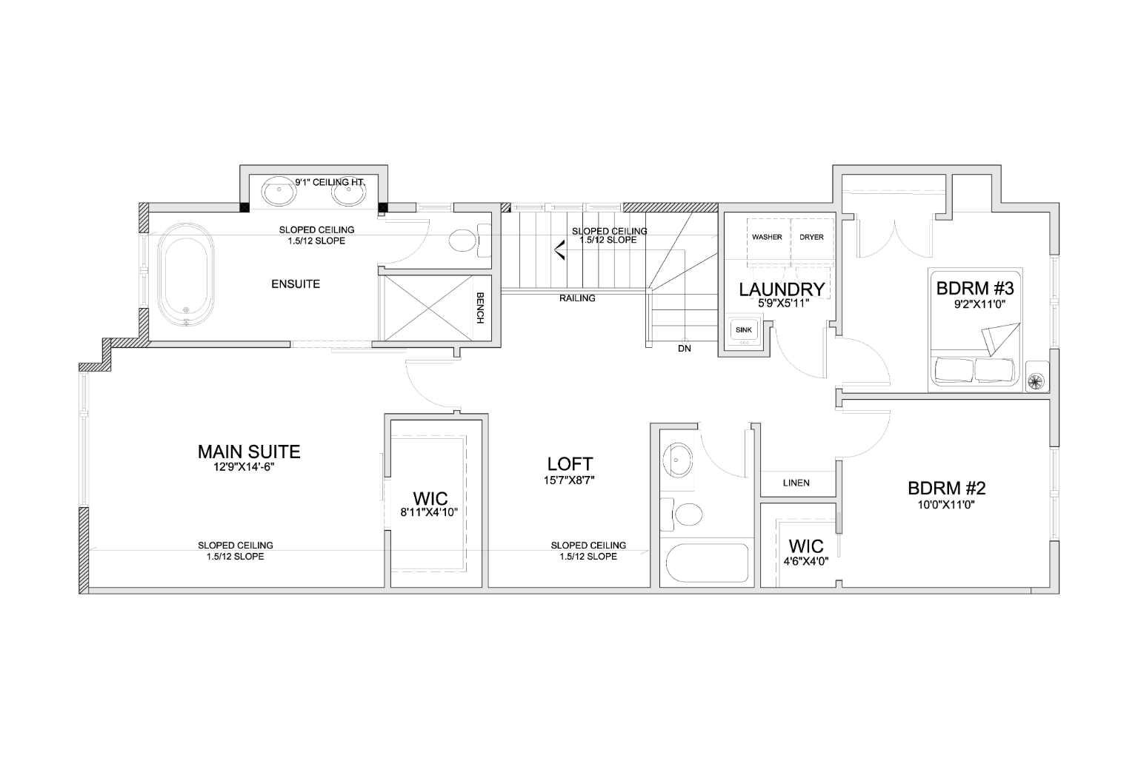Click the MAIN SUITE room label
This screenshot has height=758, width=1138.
(x=249, y=452)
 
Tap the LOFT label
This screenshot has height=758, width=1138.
(x=570, y=463)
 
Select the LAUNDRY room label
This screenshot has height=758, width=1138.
(x=782, y=289)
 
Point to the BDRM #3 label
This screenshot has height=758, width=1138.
(x=975, y=289)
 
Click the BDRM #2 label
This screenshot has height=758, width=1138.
(x=947, y=488)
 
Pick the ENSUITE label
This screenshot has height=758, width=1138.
(x=296, y=284)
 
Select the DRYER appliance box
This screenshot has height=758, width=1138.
(x=812, y=237)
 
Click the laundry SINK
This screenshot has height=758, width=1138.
(x=744, y=330)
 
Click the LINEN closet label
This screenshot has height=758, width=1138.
(x=796, y=483)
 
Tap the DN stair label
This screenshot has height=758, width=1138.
(x=685, y=349)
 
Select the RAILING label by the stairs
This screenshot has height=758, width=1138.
(x=577, y=298)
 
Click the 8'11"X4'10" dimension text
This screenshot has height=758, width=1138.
(x=429, y=512)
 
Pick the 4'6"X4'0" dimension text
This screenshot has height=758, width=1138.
(x=806, y=562)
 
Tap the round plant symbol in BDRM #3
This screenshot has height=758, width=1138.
(x=1035, y=380)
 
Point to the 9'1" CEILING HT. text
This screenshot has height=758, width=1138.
(x=330, y=182)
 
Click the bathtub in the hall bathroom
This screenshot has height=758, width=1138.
(x=708, y=563)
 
